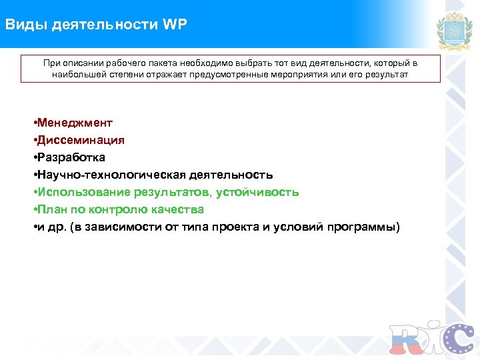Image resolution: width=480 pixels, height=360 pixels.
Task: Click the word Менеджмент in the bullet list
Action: coord(75,123)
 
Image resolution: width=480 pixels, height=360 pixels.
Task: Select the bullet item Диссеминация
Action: coord(81,140)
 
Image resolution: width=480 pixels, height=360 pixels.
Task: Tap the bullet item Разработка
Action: coord(71,157)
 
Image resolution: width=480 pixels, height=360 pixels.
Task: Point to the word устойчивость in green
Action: coord(264,192)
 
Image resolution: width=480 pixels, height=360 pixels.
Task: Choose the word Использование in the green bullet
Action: coord(83,192)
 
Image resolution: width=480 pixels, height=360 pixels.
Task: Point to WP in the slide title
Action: coord(175,25)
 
